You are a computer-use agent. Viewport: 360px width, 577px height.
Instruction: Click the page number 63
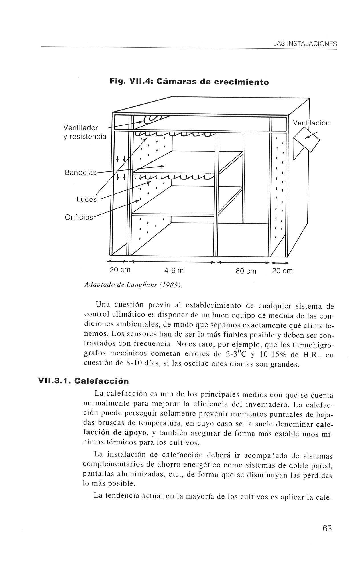tap(327, 528)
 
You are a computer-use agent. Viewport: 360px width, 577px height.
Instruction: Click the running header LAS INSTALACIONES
tap(305, 44)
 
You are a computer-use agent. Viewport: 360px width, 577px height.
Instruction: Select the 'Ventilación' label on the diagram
tap(311, 123)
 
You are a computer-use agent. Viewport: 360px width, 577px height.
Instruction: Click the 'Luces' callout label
tap(87, 199)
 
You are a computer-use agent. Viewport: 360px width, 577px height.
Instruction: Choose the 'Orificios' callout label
tap(79, 217)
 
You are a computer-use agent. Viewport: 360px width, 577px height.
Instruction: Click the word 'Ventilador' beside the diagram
tap(81, 127)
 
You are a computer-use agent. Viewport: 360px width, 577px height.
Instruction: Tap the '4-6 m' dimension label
tap(174, 271)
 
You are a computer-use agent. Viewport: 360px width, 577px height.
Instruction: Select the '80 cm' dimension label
tap(246, 271)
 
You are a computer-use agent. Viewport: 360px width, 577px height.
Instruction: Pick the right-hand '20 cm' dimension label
tap(282, 271)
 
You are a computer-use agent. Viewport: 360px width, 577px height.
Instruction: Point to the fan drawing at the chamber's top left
tap(153, 119)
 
